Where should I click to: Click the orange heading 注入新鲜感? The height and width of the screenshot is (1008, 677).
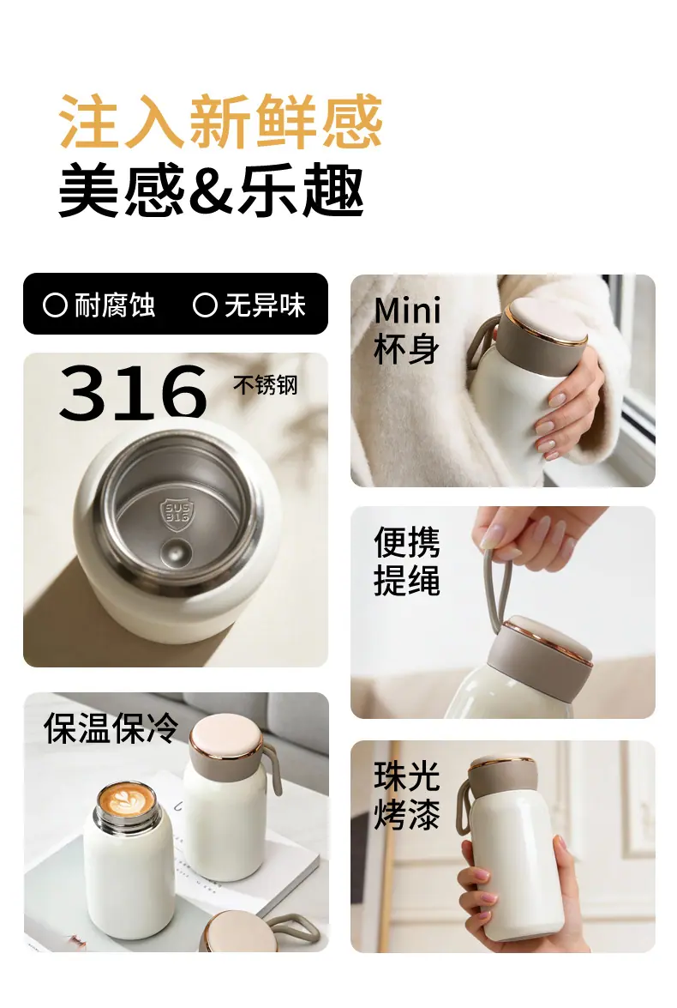220,122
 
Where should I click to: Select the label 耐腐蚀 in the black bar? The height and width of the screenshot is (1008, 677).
114,305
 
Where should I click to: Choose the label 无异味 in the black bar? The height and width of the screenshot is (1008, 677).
265,305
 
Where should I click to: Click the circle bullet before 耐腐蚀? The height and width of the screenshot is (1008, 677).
55,305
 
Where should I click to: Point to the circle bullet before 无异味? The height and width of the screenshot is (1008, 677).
205,305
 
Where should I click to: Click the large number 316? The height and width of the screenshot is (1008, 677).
133,392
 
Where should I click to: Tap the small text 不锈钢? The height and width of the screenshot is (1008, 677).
266,385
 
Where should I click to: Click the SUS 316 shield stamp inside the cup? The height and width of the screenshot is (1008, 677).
176,514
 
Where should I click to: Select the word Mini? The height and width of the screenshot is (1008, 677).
407,311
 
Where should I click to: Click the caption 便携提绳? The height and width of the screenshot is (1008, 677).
406,560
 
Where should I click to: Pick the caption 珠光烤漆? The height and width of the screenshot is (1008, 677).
406,794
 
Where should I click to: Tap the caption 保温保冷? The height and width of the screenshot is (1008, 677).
111,727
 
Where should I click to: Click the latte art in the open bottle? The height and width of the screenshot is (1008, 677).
126,801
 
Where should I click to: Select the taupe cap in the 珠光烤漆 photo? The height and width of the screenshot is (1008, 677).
502,780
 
